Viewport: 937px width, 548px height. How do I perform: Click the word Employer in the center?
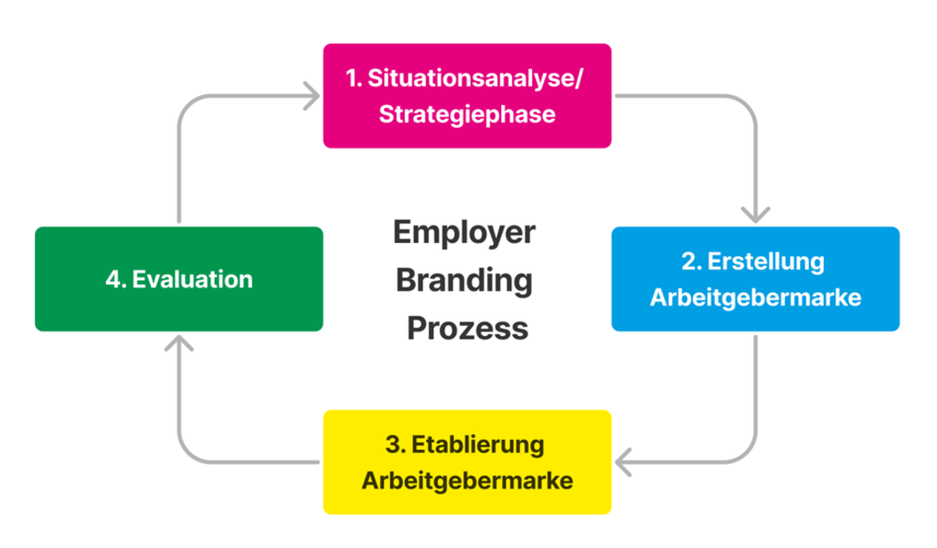click(464, 232)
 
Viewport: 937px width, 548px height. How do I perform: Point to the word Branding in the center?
click(464, 279)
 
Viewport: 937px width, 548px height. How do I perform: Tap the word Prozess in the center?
click(467, 327)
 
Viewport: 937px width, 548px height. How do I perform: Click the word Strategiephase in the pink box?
click(467, 115)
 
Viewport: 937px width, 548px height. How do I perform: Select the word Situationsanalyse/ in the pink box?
click(476, 79)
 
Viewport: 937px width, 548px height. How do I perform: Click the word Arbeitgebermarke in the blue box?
click(755, 298)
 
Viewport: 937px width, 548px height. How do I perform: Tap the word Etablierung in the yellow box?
click(478, 445)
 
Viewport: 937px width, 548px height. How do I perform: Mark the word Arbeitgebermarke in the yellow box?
click(467, 480)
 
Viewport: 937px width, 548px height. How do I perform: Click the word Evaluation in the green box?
click(192, 279)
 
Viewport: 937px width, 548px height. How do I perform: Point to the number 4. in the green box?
click(115, 279)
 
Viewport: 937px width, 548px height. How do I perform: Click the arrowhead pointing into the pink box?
click(313, 94)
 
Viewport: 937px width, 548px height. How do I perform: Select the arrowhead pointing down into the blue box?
click(755, 216)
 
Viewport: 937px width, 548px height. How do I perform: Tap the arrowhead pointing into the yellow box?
click(622, 462)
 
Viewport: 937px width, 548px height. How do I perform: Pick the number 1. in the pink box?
click(354, 79)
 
